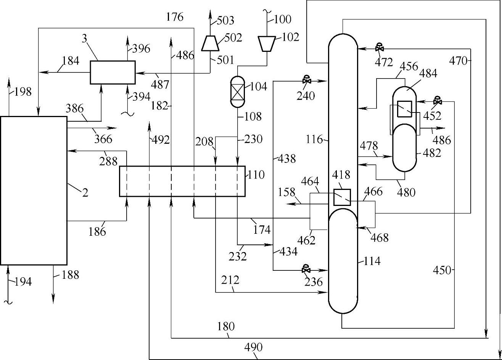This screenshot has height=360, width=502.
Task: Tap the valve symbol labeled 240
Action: point(307,80)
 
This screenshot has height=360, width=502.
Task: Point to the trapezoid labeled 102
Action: point(267,44)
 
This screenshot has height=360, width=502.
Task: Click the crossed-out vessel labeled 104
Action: point(237,92)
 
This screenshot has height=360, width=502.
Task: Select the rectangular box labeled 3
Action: point(113,72)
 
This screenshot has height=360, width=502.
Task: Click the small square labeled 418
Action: point(342,198)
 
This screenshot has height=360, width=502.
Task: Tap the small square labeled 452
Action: point(404,109)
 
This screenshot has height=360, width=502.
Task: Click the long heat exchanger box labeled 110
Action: point(182,181)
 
